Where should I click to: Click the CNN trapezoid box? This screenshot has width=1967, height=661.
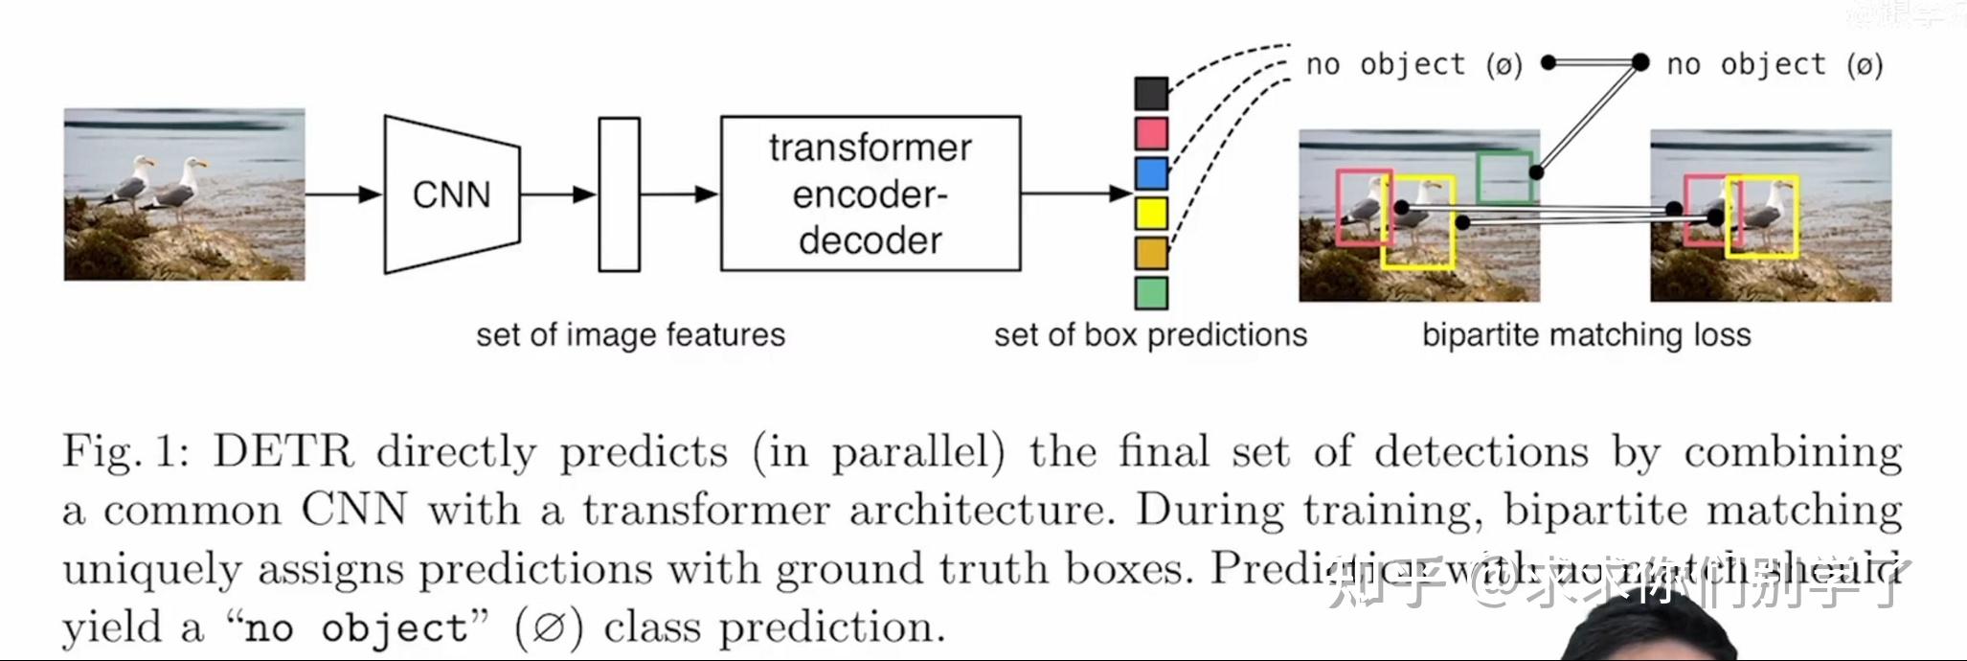pyautogui.click(x=451, y=194)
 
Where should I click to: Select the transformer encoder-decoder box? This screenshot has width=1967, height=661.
pyautogui.click(x=870, y=194)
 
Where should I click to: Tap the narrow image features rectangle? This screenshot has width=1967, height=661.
pyautogui.click(x=619, y=194)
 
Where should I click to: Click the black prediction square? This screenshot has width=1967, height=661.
pyautogui.click(x=1151, y=94)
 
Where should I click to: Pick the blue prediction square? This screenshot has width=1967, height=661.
pyautogui.click(x=1151, y=173)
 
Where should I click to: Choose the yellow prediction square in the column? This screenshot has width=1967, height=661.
pyautogui.click(x=1151, y=213)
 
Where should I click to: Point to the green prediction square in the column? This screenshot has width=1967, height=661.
pyautogui.click(x=1151, y=293)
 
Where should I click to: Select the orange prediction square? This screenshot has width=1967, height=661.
pyautogui.click(x=1151, y=253)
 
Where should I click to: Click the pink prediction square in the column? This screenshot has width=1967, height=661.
pyautogui.click(x=1151, y=133)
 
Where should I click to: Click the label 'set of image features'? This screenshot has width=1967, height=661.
pyautogui.click(x=630, y=334)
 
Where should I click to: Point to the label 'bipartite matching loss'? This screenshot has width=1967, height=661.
pyautogui.click(x=1586, y=334)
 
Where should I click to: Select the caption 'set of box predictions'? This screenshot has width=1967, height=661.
pyautogui.click(x=1149, y=334)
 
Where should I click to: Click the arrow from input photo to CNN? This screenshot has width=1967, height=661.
pyautogui.click(x=343, y=194)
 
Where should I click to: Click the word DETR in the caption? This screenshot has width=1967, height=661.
pyautogui.click(x=283, y=451)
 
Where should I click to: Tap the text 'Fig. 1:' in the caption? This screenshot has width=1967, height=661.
pyautogui.click(x=125, y=451)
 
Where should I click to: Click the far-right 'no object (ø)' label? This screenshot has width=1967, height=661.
pyautogui.click(x=1774, y=64)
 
